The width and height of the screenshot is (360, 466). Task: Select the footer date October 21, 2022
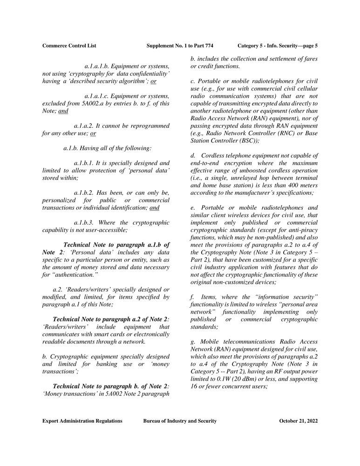[x=298, y=421]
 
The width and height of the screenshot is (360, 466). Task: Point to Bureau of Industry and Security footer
[x=180, y=421]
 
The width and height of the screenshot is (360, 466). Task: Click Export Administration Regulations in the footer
[x=82, y=421]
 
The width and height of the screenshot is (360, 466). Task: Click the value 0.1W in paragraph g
[x=227, y=379]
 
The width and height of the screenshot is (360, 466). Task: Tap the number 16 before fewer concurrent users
[x=195, y=387]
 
